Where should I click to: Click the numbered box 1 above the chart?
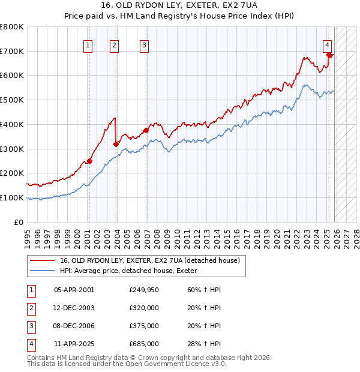pos(88,44)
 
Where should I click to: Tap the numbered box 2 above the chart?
pos(114,44)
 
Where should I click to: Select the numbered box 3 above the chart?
pos(145,44)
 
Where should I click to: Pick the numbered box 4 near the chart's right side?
pos(328,44)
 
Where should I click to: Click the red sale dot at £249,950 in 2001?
pos(89,161)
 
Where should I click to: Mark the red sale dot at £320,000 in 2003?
pos(116,143)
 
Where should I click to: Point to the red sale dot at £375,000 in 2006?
pos(146,130)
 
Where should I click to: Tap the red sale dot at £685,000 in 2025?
pos(329,55)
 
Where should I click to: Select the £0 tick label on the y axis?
pos(18,222)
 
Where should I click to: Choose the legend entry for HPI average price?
pos(132,271)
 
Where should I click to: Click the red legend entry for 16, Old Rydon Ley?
pos(149,260)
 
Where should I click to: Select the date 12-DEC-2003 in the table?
pos(74,308)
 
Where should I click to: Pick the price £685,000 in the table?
pos(143,344)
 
